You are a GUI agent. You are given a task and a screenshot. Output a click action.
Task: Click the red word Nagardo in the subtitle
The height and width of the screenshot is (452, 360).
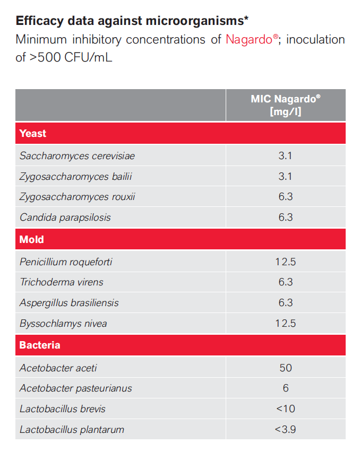click(x=248, y=40)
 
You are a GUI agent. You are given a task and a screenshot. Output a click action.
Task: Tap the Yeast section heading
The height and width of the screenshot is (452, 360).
click(x=33, y=134)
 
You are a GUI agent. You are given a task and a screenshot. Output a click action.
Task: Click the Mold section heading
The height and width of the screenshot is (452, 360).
click(x=31, y=239)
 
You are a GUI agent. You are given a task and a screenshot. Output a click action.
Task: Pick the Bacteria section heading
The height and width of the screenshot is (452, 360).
click(x=40, y=345)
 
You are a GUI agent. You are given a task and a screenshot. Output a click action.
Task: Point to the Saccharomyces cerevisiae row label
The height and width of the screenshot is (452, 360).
click(x=77, y=156)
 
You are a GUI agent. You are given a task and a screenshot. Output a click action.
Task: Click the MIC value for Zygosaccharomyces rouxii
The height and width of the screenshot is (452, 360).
click(x=285, y=197)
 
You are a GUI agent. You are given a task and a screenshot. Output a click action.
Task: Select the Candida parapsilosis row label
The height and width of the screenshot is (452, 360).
click(x=65, y=218)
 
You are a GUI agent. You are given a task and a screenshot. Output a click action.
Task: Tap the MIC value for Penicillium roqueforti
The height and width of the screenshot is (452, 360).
click(x=285, y=262)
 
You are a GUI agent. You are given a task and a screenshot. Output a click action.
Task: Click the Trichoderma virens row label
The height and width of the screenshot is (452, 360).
click(x=62, y=282)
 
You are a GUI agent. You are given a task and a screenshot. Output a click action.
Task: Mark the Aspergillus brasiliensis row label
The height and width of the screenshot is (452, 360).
click(x=69, y=303)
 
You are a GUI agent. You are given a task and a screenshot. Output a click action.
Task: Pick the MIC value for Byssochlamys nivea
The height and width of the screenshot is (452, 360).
click(x=285, y=324)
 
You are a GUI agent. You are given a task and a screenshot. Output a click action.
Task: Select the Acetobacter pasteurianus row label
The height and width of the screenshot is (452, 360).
click(x=75, y=388)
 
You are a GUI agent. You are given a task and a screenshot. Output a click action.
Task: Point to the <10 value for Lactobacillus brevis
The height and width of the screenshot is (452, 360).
click(x=285, y=409)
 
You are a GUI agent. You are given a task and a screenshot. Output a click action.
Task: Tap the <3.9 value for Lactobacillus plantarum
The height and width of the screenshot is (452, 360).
click(x=285, y=429)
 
